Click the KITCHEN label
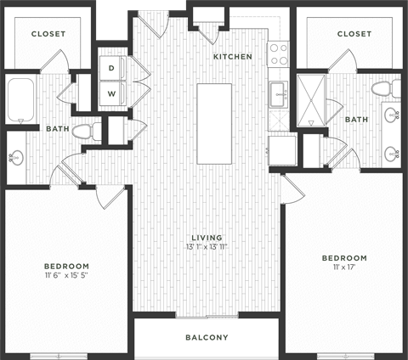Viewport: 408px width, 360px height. (x=232, y=57)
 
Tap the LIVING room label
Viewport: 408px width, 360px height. (x=207, y=237)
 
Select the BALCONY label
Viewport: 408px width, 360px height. (x=207, y=338)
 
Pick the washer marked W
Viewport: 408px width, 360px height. (x=111, y=92)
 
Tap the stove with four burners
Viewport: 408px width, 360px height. (x=279, y=54)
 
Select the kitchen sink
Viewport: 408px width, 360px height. (x=278, y=94)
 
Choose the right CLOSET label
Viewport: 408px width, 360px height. (x=354, y=34)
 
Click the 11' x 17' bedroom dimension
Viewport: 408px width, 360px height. (x=343, y=268)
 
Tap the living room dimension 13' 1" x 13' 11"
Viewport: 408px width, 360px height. (x=207, y=247)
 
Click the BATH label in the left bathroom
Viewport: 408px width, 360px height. (x=58, y=129)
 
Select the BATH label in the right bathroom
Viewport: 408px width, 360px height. (x=356, y=120)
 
